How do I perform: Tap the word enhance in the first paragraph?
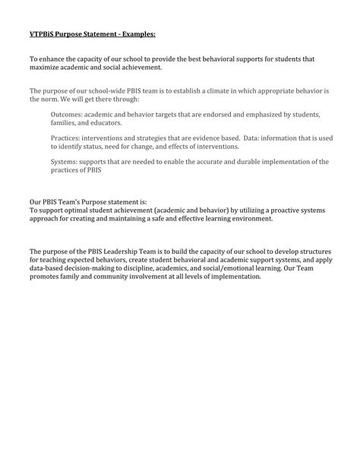pos(53,59)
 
